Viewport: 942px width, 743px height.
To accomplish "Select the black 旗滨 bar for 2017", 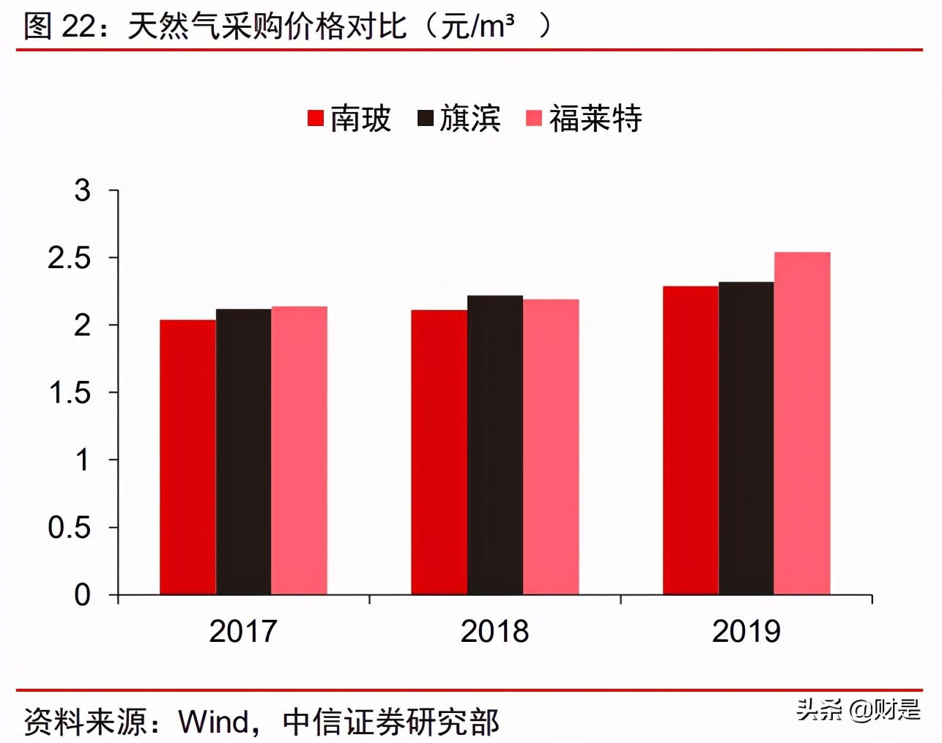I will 243,451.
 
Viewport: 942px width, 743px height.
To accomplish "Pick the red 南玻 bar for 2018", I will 439,452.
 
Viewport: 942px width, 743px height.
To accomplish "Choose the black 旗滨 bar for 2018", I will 495,445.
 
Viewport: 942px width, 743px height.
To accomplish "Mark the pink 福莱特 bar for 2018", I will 551,446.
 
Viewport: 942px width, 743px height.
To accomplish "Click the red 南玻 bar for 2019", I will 690,440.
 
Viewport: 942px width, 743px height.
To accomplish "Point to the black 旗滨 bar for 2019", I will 746,437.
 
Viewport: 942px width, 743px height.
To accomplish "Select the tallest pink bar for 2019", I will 802,423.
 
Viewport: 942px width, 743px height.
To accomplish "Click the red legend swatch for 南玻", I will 316,118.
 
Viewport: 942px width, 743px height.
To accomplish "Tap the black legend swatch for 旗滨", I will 426,118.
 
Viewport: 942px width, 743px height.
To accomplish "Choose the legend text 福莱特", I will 596,118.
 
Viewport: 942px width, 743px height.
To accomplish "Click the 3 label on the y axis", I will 82,191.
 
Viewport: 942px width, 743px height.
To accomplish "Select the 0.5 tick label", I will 70,527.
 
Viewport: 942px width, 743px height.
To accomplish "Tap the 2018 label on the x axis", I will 494,631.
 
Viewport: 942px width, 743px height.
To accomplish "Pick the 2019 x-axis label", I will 746,631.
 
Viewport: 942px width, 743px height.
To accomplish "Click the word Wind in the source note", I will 214,722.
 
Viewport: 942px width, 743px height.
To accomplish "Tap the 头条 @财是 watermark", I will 858,709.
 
